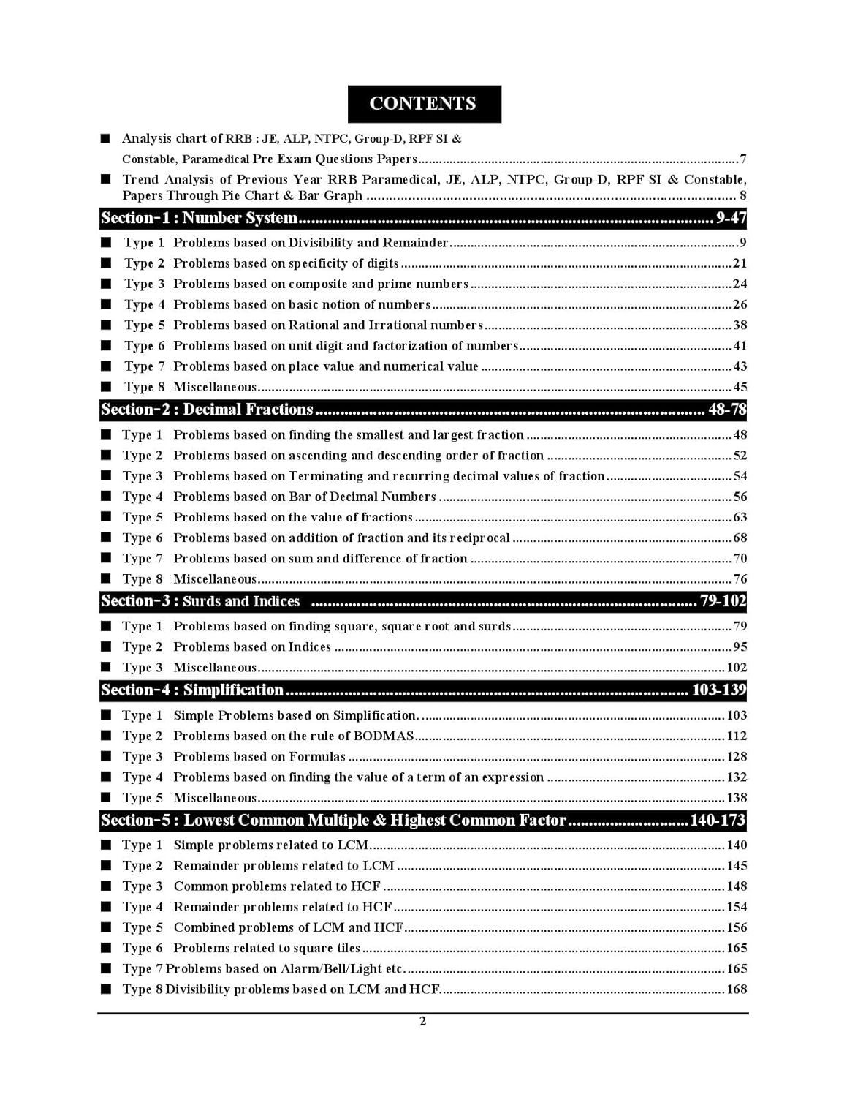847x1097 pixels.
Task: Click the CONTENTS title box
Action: (424, 104)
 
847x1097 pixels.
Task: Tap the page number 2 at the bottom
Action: (422, 1022)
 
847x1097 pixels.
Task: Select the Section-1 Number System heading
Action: (199, 218)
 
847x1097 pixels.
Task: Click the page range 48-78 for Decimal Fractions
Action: (726, 410)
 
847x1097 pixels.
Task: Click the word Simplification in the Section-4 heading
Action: (233, 690)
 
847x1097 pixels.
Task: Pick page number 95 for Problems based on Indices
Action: (740, 647)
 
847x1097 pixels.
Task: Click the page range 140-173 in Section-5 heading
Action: (717, 821)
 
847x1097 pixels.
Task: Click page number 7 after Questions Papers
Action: (742, 159)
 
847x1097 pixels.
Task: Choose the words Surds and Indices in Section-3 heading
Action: (241, 602)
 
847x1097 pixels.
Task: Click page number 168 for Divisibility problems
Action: (737, 989)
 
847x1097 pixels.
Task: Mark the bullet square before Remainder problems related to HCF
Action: (107, 907)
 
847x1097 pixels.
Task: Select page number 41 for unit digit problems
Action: (740, 346)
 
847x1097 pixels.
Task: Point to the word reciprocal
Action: (480, 538)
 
